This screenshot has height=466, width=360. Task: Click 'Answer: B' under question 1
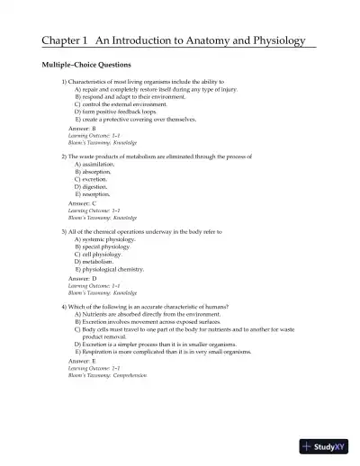[x=82, y=129]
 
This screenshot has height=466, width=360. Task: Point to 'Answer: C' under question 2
[x=82, y=204]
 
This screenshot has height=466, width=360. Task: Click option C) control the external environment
[x=122, y=103]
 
